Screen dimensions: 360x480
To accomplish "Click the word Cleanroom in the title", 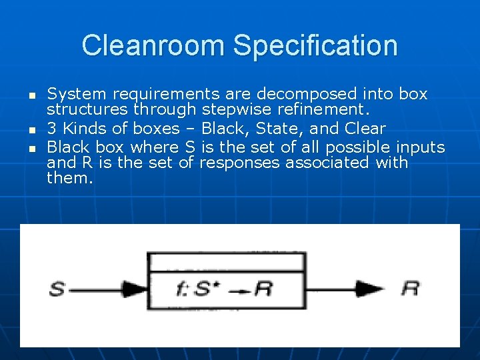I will point(153,46).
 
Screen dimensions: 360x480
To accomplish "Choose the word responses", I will point(239,163).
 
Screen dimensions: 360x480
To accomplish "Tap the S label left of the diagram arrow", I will point(57,289).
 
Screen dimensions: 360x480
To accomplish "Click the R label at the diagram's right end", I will point(411,289).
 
